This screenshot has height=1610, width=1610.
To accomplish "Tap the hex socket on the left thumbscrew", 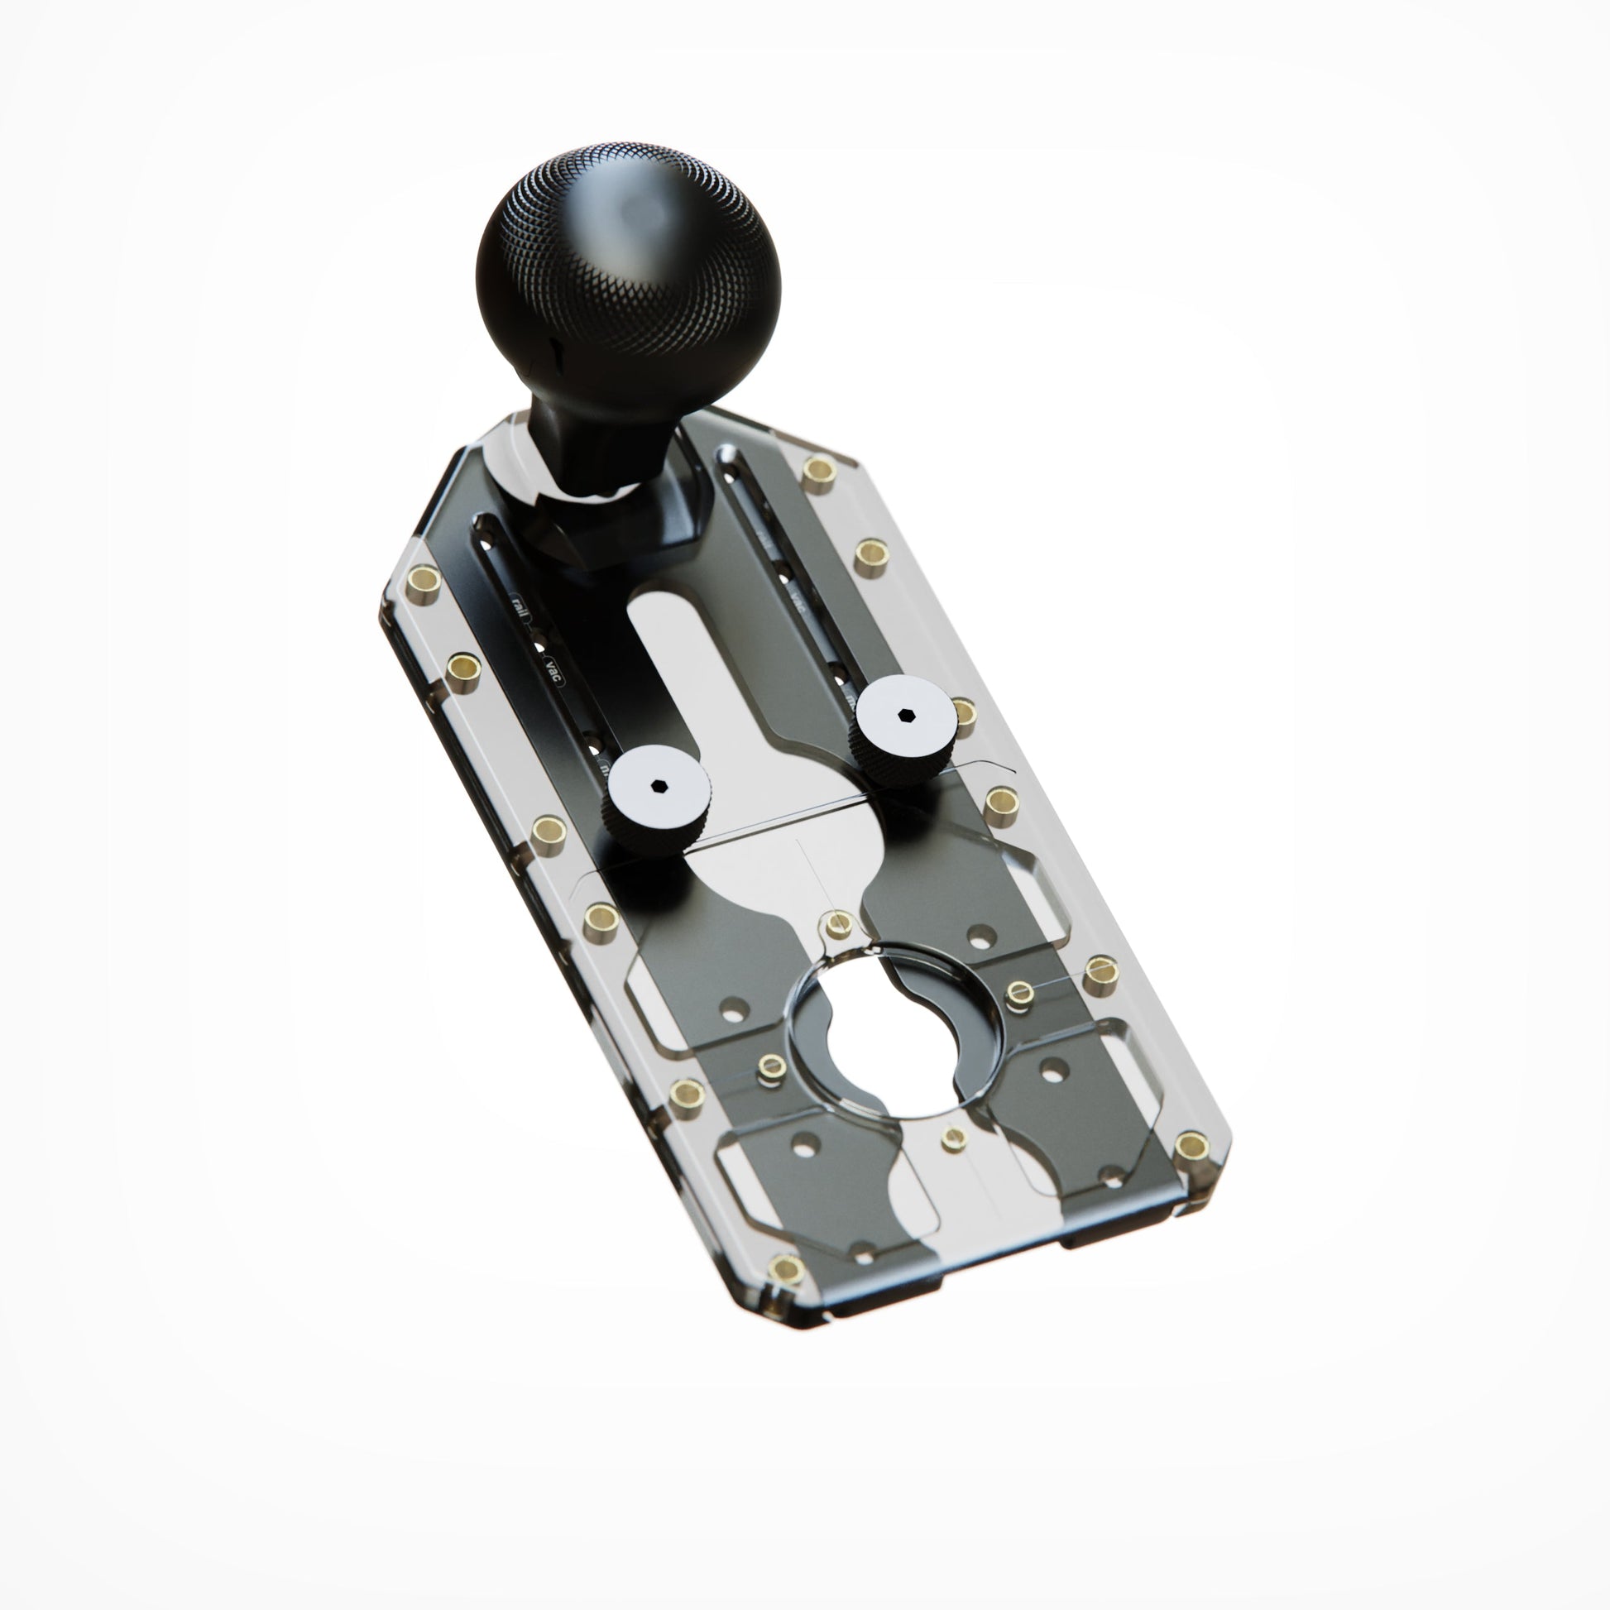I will click(x=659, y=783).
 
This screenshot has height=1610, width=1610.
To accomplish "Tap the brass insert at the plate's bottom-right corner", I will click(x=1191, y=1147).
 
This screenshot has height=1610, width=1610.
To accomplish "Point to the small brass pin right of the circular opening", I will click(x=1019, y=991).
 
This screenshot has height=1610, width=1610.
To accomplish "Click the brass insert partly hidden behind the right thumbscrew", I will click(x=964, y=712).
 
